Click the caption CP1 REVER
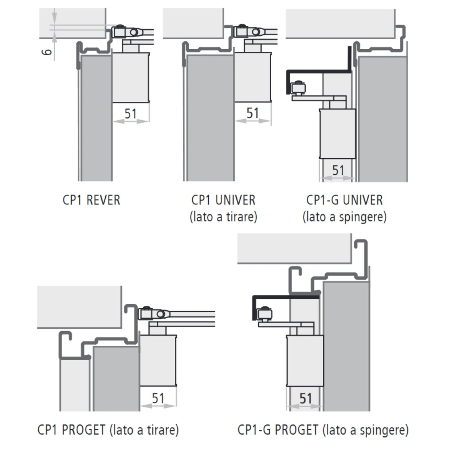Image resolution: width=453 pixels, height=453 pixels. pyautogui.click(x=91, y=200)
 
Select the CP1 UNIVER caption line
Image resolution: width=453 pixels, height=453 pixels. pyautogui.click(x=223, y=200)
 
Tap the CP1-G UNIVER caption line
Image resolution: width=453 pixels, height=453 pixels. pyautogui.click(x=344, y=200)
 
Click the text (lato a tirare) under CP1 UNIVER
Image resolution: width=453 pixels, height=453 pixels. pyautogui.click(x=223, y=217)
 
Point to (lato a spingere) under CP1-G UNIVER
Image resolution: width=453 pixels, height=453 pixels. pyautogui.click(x=344, y=217)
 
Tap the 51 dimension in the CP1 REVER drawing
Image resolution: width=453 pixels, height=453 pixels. pyautogui.click(x=130, y=114)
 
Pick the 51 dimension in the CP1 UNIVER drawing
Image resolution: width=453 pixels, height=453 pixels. pyautogui.click(x=252, y=113)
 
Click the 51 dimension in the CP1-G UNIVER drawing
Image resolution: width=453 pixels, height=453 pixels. pyautogui.click(x=338, y=171)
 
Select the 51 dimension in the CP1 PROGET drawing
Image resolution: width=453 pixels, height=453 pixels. pyautogui.click(x=158, y=398)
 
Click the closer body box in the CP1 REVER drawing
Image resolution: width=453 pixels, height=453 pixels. pyautogui.click(x=130, y=78)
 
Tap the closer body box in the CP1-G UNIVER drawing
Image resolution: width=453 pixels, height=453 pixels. pyautogui.click(x=337, y=133)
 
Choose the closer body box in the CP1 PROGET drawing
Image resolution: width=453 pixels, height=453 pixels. pyautogui.click(x=158, y=360)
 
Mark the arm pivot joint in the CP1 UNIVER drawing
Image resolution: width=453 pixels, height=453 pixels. pyautogui.click(x=255, y=32)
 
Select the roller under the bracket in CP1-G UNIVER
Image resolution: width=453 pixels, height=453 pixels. pyautogui.click(x=297, y=88)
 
